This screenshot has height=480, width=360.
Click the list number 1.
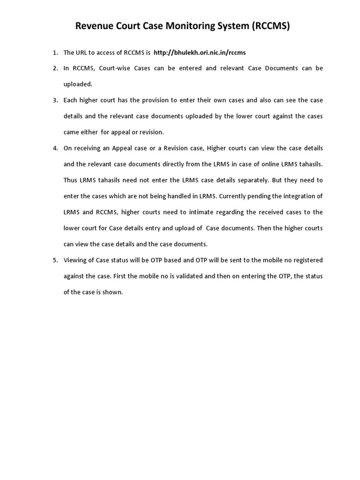click(x=54, y=52)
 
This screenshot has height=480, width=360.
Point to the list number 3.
click(x=54, y=100)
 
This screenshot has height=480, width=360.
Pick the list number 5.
click(x=54, y=260)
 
